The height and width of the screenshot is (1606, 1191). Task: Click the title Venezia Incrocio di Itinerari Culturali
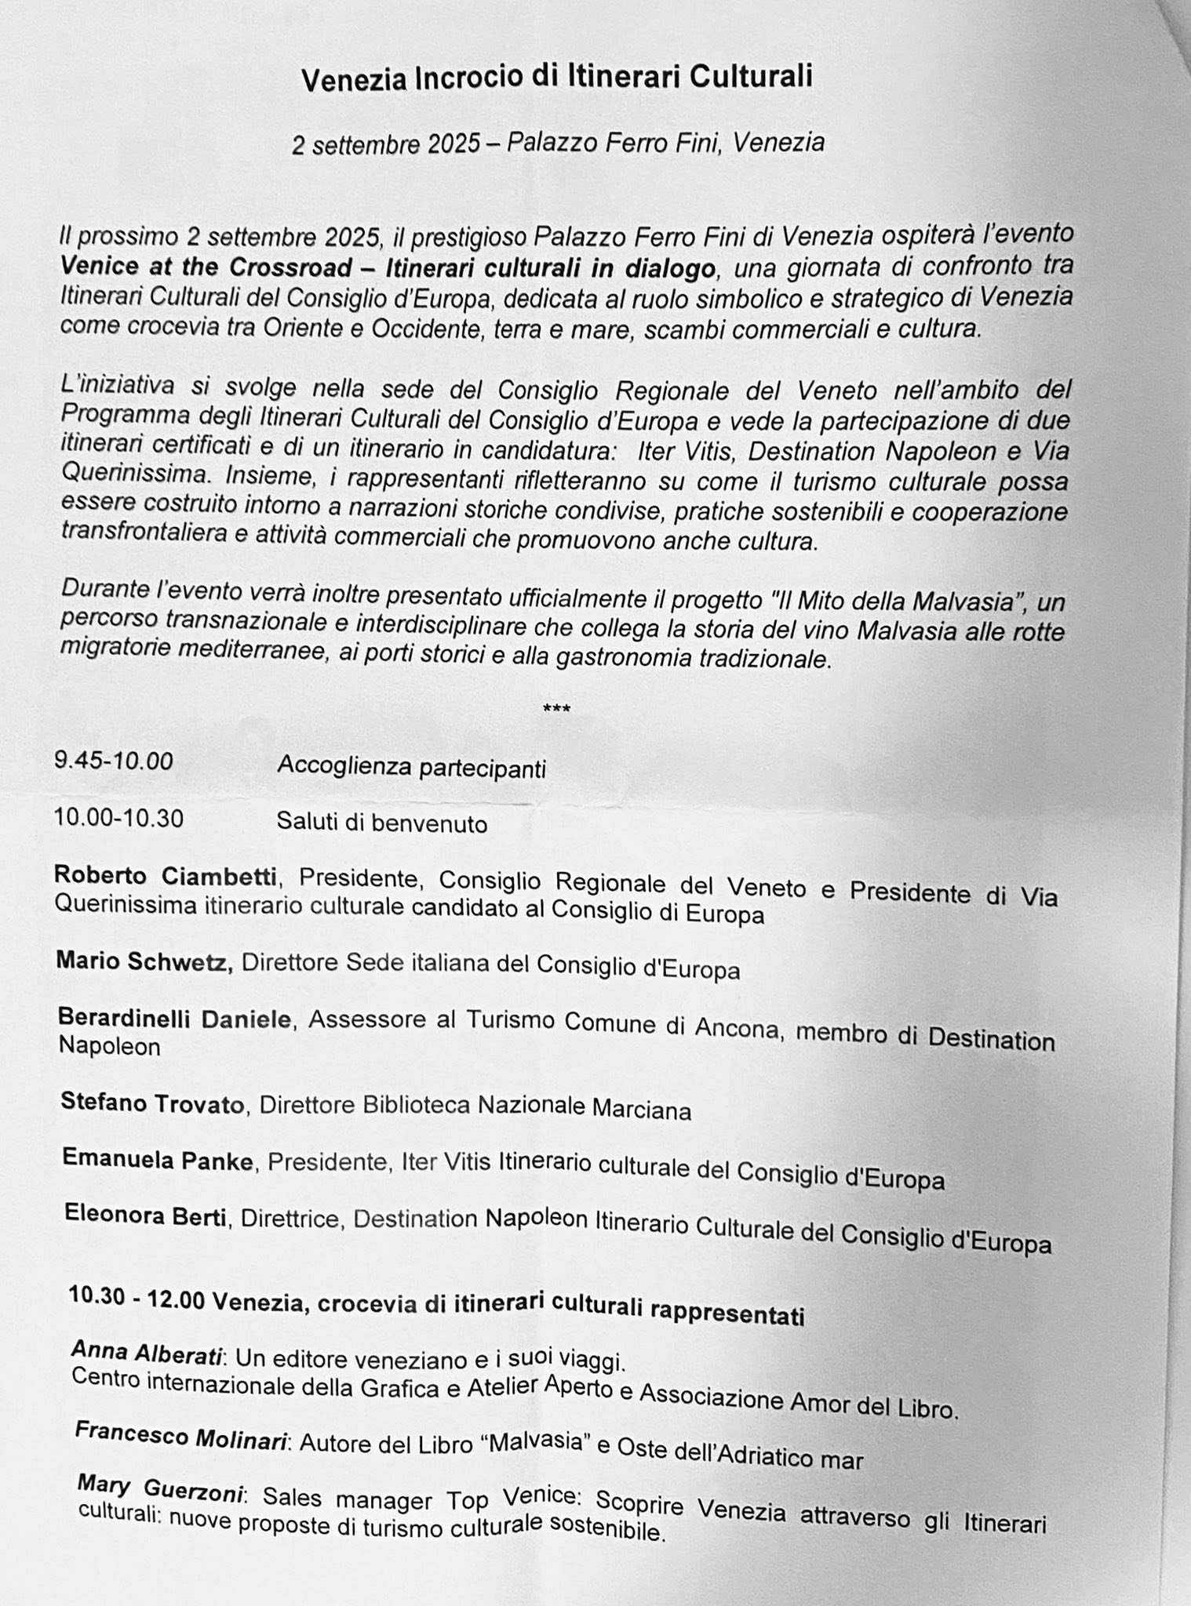pos(556,78)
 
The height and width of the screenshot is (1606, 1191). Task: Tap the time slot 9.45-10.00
pos(114,761)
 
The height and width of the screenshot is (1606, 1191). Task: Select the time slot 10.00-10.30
pos(118,818)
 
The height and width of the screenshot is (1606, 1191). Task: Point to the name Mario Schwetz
pos(144,961)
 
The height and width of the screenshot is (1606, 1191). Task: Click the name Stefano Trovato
pos(153,1103)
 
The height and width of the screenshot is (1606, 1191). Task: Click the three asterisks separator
pos(556,710)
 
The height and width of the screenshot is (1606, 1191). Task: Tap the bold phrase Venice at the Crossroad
pos(206,267)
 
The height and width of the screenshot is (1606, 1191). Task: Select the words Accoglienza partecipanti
pos(411,767)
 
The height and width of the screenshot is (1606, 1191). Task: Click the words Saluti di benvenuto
pos(381,823)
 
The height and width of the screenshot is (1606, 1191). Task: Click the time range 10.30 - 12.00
pos(137,1298)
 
